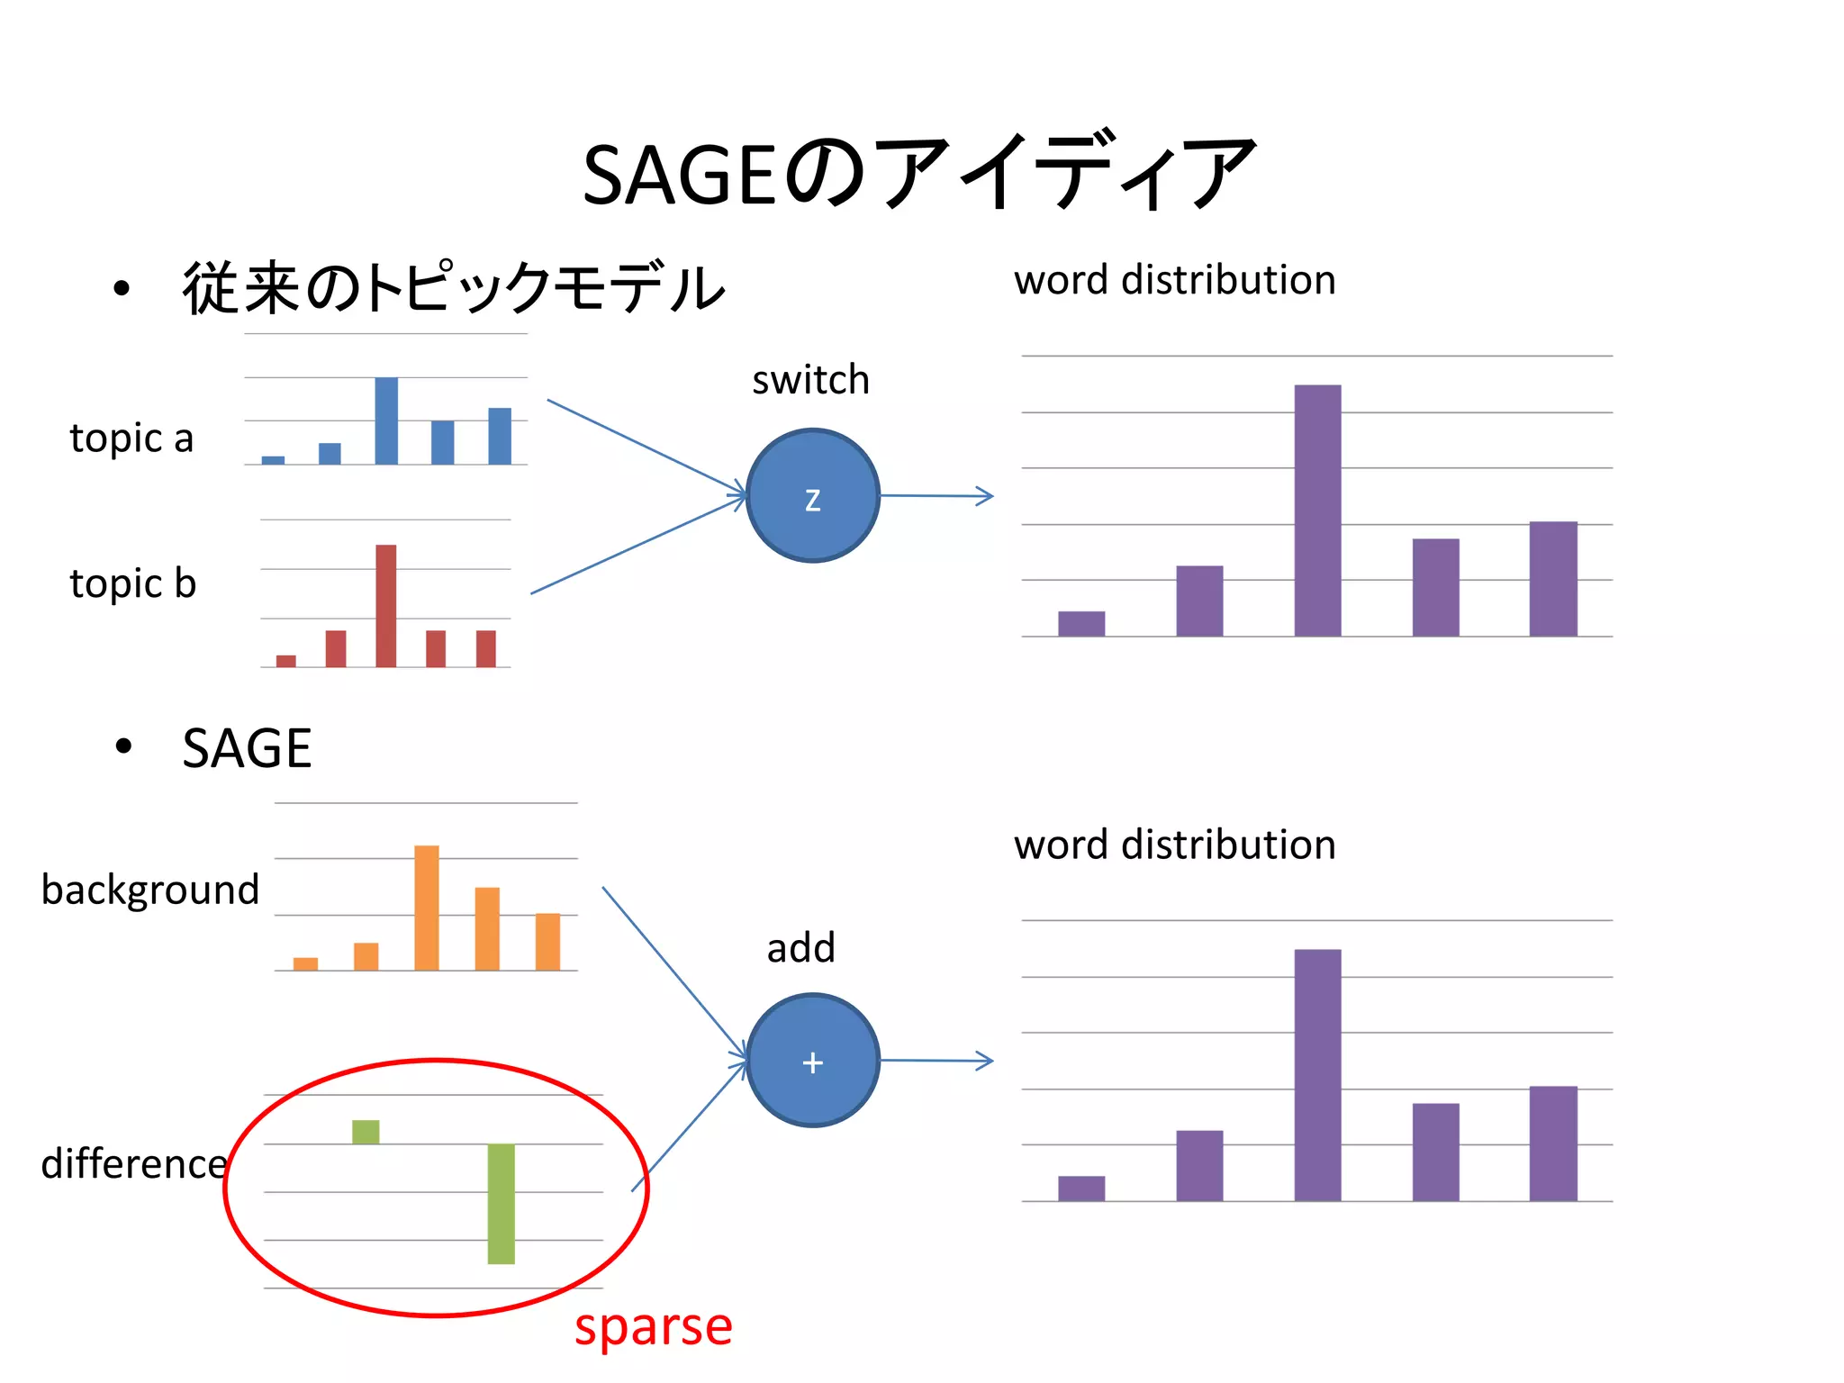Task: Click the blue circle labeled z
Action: tap(812, 495)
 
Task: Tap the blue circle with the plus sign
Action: tap(812, 1060)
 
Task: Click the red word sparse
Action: tap(654, 1326)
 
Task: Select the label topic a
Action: tap(131, 438)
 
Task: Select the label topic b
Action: tap(132, 583)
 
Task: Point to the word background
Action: tap(149, 890)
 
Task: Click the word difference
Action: tap(134, 1164)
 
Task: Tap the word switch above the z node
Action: tap(810, 380)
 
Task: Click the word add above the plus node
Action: tap(800, 948)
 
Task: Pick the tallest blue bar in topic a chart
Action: tap(386, 420)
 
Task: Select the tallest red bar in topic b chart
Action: tap(385, 605)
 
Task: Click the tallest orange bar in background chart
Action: tap(426, 908)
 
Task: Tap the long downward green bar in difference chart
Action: tap(501, 1204)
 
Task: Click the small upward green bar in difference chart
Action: tap(366, 1132)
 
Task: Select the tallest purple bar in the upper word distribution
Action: tap(1317, 511)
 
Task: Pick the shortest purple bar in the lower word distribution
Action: tap(1080, 1188)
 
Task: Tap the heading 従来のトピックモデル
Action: tap(453, 288)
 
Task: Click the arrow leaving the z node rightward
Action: tap(936, 495)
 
